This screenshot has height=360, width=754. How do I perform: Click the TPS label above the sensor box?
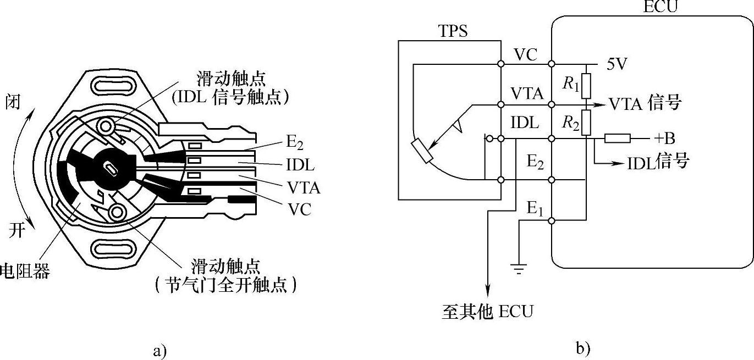454,31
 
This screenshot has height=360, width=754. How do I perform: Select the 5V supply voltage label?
617,63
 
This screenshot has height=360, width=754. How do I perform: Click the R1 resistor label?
571,84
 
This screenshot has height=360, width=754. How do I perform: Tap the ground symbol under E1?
518,268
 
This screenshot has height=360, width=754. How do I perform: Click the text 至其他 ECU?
487,311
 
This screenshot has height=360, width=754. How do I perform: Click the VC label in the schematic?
526,55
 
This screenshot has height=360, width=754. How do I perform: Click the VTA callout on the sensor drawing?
303,189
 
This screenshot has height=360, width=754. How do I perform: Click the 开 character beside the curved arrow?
17,230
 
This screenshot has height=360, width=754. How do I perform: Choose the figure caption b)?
584,348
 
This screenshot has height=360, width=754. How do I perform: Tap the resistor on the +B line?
617,138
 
